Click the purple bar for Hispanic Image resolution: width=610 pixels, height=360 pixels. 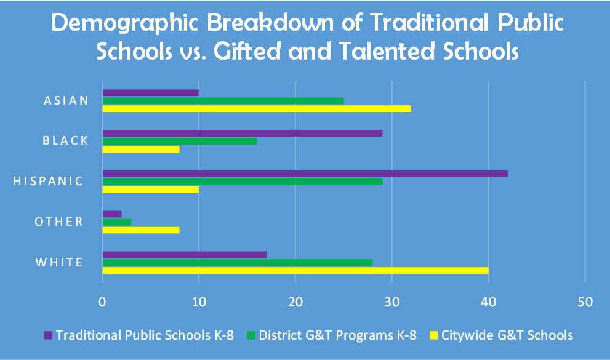(x=305, y=174)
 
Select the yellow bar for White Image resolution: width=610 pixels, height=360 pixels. (x=295, y=271)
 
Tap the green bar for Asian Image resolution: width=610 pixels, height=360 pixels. (x=223, y=100)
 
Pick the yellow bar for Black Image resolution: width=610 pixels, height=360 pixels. (x=141, y=149)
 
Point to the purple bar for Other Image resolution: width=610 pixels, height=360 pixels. (x=112, y=214)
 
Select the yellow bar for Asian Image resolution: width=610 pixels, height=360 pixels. (x=257, y=109)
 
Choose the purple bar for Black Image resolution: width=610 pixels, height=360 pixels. (x=242, y=133)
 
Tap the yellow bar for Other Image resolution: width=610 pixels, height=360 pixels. (x=141, y=230)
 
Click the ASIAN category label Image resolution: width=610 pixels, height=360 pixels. (x=66, y=100)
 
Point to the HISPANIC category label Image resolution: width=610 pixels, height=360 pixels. (x=48, y=181)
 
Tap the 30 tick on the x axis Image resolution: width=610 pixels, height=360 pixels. (x=392, y=302)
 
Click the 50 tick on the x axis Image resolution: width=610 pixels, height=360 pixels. (x=585, y=302)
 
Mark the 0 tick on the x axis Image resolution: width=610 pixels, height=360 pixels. (x=102, y=302)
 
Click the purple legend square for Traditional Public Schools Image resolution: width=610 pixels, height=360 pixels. (x=49, y=336)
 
